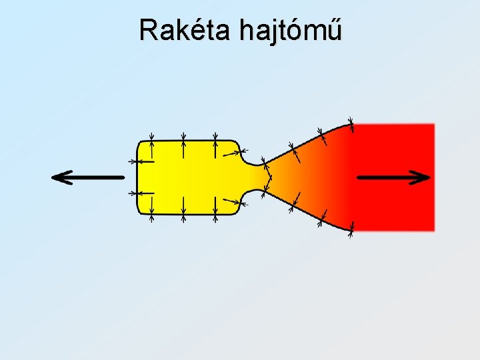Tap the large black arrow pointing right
394,177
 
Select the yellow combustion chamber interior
187,177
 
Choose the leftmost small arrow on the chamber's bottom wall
152,209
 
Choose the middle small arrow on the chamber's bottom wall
183,209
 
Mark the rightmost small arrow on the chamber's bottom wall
215,209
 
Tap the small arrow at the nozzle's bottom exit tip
351,227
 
